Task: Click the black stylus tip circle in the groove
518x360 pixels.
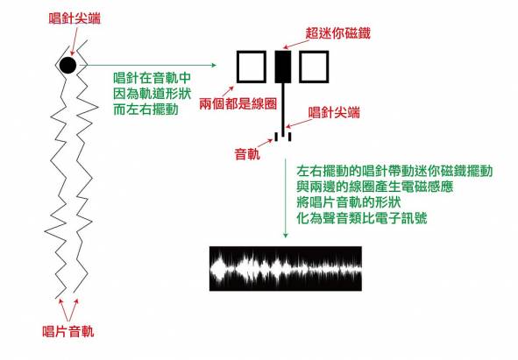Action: [x=67, y=65]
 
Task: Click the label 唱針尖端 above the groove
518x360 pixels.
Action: [x=75, y=18]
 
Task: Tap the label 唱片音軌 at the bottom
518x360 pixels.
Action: [x=68, y=331]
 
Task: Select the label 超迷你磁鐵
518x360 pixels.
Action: [x=338, y=33]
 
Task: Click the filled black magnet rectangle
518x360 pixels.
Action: [x=283, y=67]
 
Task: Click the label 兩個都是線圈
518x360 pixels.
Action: [x=238, y=104]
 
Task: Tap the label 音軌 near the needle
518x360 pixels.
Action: [x=247, y=154]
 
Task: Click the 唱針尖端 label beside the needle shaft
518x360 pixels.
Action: [x=334, y=113]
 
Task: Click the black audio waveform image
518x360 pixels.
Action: [x=286, y=269]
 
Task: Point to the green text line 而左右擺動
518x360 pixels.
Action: [x=145, y=109]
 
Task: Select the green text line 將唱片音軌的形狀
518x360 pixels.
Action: [x=349, y=202]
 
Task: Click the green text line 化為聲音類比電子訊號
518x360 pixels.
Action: [x=362, y=218]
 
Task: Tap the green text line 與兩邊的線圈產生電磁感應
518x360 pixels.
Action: [x=374, y=187]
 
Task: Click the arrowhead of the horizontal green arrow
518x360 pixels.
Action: [x=214, y=65]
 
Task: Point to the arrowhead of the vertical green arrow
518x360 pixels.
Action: [x=286, y=235]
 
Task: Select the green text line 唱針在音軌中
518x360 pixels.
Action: [x=153, y=78]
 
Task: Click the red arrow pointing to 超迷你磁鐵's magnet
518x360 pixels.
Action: [x=294, y=45]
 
